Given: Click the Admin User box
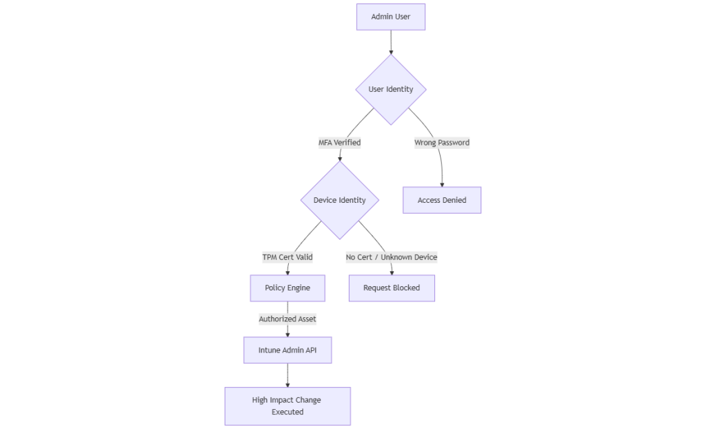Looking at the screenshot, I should point(390,17).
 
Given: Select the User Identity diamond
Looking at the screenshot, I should point(390,89).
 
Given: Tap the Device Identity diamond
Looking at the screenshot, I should point(339,200).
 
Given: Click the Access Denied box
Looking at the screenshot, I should point(441,200).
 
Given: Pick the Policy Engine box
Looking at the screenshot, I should point(287,288).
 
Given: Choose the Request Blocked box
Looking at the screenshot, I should point(391,288).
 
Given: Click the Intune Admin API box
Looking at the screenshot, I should point(287,350).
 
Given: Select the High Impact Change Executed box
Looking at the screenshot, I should point(287,406).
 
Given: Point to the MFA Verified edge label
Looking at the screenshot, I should point(339,143).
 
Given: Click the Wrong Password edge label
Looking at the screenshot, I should point(441,143).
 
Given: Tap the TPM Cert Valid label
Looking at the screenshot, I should point(287,257).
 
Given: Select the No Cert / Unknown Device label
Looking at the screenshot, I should point(391,257).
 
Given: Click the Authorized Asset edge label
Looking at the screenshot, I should point(287,319).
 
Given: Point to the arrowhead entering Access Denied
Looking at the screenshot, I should point(442,183).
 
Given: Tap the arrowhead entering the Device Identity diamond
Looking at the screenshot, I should point(340,159).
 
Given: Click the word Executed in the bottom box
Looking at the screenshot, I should point(287,412).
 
